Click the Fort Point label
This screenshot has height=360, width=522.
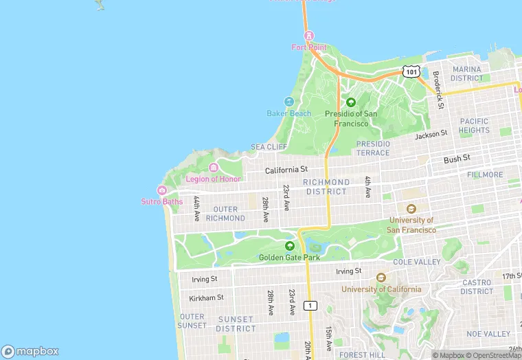click(308, 47)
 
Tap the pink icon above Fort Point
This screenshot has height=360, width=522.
click(308, 35)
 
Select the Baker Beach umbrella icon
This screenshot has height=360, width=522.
click(289, 102)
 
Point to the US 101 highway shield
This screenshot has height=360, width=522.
click(411, 71)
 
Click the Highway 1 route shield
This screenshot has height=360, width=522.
click(311, 305)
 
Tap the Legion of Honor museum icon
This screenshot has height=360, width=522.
click(214, 168)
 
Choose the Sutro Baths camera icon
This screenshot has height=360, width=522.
click(162, 190)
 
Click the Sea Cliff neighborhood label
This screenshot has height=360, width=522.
click(269, 147)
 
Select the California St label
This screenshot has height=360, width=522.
click(286, 169)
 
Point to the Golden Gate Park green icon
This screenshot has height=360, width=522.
click(289, 246)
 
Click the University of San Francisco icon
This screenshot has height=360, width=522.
click(411, 209)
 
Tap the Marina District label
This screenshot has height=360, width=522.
click(466, 74)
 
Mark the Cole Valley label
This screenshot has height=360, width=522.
click(417, 262)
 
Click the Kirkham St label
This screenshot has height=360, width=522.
click(206, 297)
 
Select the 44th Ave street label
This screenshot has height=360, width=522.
click(196, 208)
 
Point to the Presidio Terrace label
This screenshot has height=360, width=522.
click(373, 148)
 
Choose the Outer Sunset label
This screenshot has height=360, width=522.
click(192, 321)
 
